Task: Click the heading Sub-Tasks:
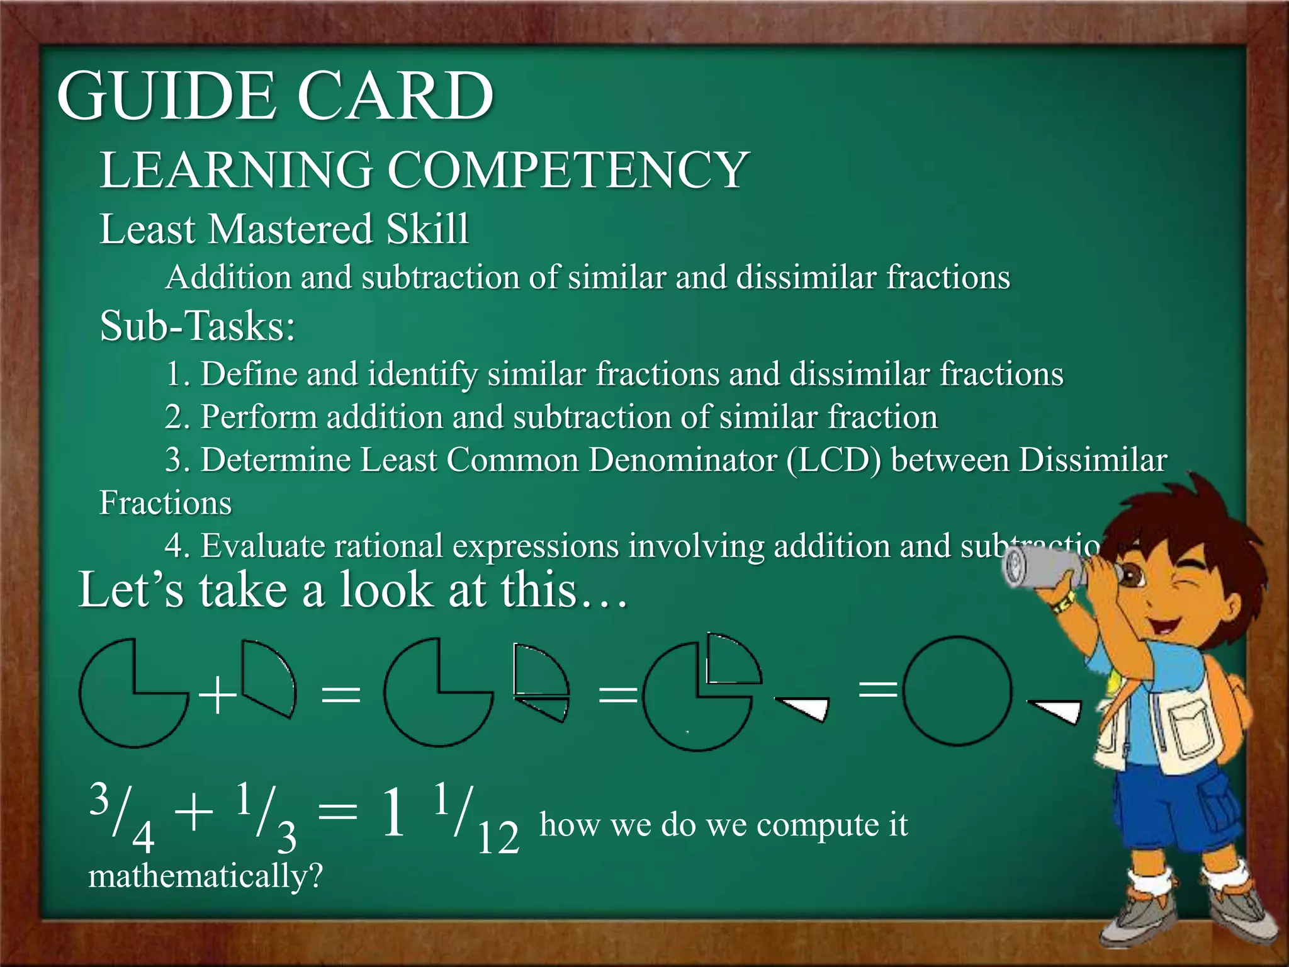[x=198, y=326]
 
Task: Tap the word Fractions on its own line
[x=166, y=503]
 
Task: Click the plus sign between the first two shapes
[x=217, y=696]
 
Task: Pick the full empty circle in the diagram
[x=957, y=691]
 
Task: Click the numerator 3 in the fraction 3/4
[x=99, y=798]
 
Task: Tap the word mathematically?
[x=205, y=876]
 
